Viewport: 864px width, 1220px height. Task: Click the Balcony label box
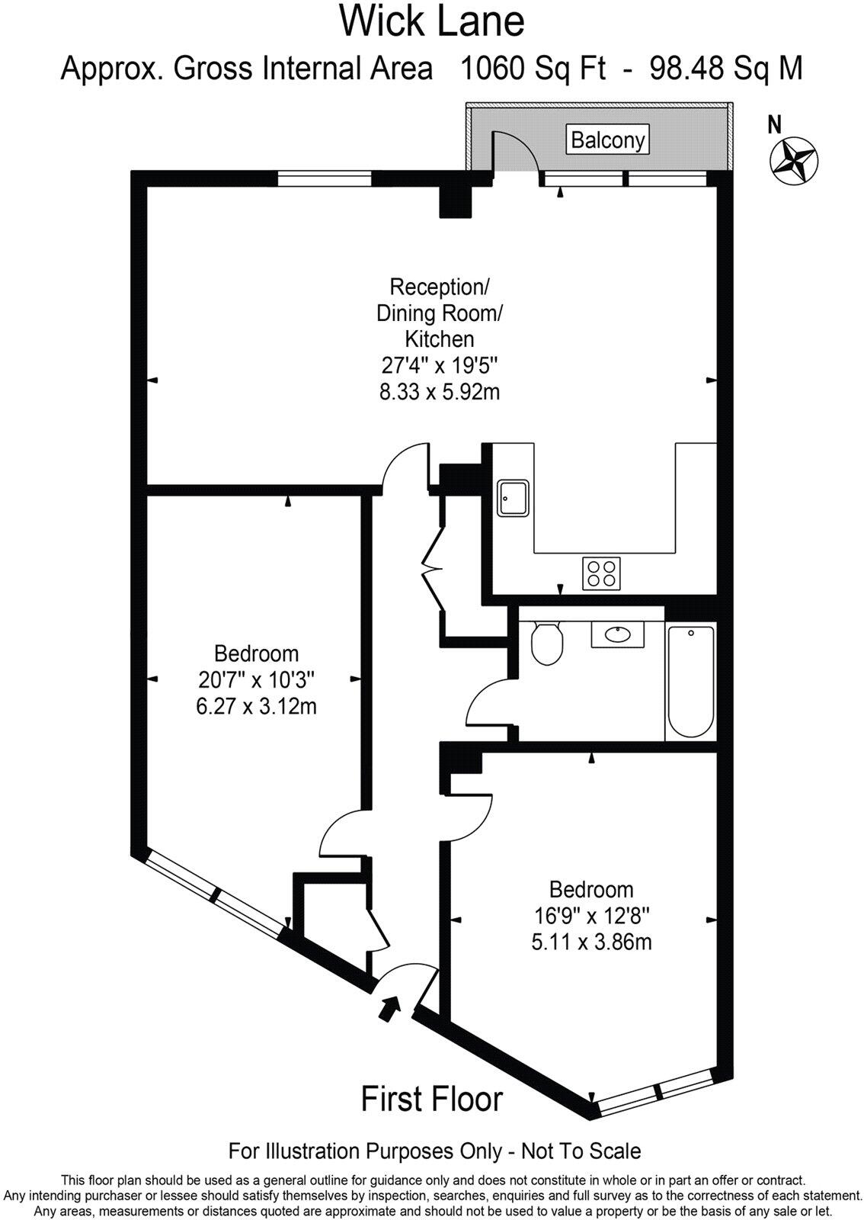[608, 140]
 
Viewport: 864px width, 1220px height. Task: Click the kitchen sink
[514, 498]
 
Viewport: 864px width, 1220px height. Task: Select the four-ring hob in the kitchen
[601, 573]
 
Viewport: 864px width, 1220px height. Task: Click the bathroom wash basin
[617, 634]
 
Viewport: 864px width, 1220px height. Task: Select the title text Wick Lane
[432, 21]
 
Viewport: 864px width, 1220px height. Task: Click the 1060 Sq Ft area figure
[533, 69]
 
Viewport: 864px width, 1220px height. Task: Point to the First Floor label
[431, 1099]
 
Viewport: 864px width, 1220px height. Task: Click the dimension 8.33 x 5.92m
[440, 392]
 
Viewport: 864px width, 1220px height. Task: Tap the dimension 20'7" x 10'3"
[256, 679]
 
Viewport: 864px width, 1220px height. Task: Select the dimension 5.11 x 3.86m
[591, 942]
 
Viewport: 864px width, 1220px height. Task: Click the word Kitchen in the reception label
[439, 339]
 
